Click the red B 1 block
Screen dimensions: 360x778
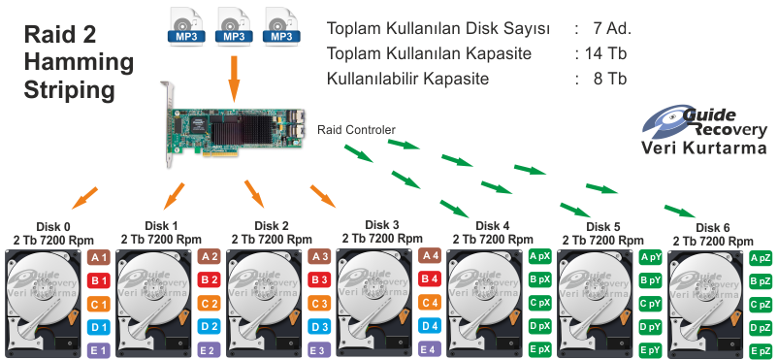pyautogui.click(x=97, y=280)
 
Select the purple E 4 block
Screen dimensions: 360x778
pyautogui.click(x=430, y=347)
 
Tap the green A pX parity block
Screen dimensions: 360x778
pyautogui.click(x=540, y=257)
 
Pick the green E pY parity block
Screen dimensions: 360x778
pyautogui.click(x=651, y=348)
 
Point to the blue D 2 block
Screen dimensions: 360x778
pyautogui.click(x=209, y=326)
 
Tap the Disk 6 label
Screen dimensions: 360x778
pyautogui.click(x=713, y=227)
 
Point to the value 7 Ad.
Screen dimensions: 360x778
pyautogui.click(x=607, y=28)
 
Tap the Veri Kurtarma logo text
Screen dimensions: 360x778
pyautogui.click(x=704, y=148)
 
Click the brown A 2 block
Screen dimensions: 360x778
pyautogui.click(x=209, y=257)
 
